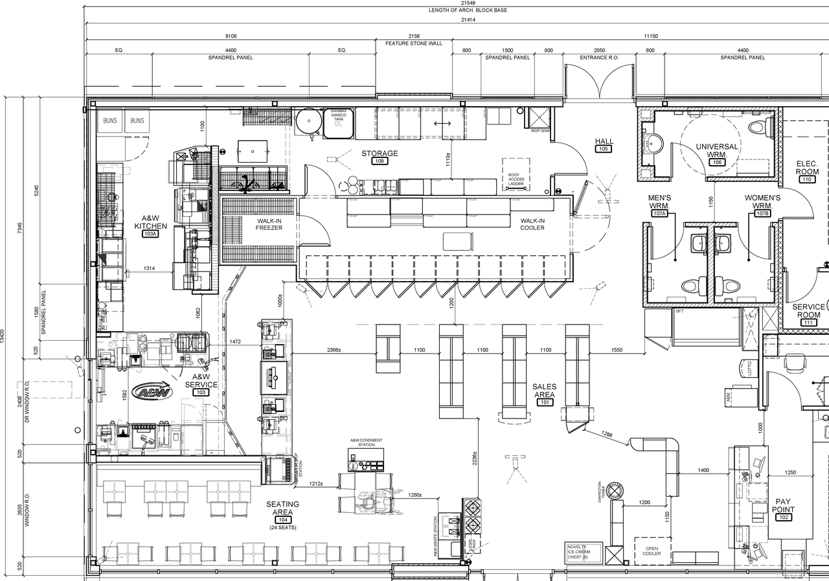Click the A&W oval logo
(152, 392)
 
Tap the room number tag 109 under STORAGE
(380, 161)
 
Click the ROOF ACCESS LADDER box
(516, 175)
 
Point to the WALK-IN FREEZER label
(269, 224)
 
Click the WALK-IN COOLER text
(532, 224)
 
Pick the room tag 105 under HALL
(604, 149)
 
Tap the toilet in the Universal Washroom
(760, 126)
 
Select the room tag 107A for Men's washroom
(659, 213)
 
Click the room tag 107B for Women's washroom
(762, 213)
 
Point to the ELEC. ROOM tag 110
(807, 179)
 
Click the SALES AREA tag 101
(544, 402)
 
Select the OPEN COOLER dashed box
(652, 551)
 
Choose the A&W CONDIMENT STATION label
(366, 442)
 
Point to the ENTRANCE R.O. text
(599, 58)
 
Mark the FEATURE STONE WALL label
(414, 43)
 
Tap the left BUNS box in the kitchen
(110, 121)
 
